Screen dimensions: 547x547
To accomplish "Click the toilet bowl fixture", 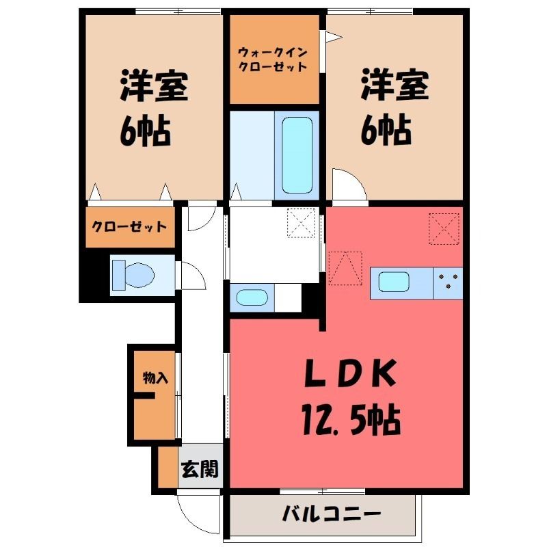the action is point(133,275).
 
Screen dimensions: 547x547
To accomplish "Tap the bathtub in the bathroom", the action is point(297,155).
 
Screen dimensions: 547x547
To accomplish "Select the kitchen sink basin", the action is point(395,282).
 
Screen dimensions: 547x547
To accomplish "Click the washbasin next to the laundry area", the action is point(252,297).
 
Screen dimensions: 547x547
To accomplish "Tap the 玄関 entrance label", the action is point(200,468).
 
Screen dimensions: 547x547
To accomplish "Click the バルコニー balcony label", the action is point(331,513).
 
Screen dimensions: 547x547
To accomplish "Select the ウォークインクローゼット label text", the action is point(272,59).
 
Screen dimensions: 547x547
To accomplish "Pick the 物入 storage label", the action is point(156,378).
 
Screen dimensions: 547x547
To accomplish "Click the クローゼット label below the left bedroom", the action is point(129,227).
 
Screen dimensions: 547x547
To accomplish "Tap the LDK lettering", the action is point(351,373).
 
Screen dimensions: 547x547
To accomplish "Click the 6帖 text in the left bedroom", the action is point(145,132).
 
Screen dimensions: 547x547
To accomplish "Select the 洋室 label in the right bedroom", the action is point(395,85).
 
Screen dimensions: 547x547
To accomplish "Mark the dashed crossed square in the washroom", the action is point(301,223).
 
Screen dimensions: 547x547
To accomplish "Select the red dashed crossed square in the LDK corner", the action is point(444,229).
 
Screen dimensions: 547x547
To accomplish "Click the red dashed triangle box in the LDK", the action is point(345,268).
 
